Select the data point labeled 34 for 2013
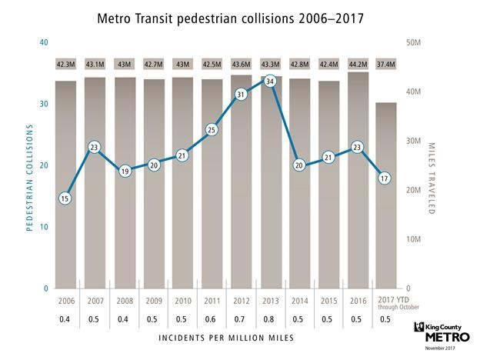269,81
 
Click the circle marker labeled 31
240,95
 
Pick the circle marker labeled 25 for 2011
211,131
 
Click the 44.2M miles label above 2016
357,63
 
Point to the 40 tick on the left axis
44,42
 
